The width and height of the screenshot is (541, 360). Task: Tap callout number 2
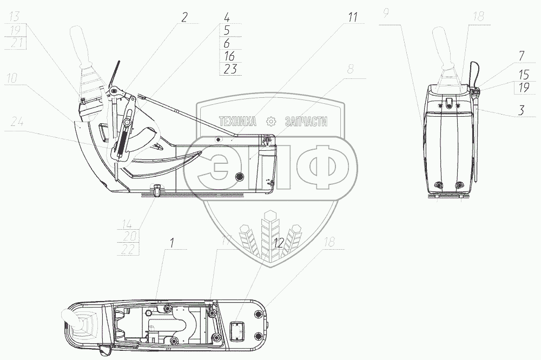click(184, 17)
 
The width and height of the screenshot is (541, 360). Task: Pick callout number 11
click(353, 17)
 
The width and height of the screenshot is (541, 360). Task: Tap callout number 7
click(520, 56)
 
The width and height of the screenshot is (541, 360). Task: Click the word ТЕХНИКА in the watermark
click(236, 123)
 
